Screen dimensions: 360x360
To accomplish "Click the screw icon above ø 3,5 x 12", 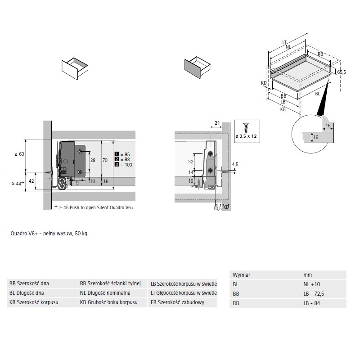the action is point(246,128).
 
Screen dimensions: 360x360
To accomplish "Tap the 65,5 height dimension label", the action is point(342,72).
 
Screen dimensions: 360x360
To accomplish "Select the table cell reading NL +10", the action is point(311,284).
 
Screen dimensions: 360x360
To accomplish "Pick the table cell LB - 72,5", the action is point(314,294).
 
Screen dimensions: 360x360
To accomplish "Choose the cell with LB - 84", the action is point(311,303).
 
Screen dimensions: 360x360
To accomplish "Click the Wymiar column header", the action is point(241,275).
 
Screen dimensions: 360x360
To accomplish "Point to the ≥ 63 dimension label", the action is point(19,154).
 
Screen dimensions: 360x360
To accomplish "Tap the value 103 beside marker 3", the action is point(128,165).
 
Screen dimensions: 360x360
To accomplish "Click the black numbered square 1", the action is point(117,154).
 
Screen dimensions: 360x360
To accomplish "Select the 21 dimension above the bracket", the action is point(217,123).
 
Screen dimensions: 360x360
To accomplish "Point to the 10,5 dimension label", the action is point(217,208).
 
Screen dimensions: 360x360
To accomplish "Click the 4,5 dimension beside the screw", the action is point(235,164).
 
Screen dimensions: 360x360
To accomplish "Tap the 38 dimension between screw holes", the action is point(93,160).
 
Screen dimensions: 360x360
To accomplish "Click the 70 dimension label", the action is point(105,160).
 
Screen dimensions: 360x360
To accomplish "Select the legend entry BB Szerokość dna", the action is point(29,283).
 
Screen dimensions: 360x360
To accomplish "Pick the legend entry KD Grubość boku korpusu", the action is point(108,302).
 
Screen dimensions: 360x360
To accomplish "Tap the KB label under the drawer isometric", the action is point(283,109).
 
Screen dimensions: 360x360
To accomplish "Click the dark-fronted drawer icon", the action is point(198,68).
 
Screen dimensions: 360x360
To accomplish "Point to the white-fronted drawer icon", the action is point(75,69).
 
